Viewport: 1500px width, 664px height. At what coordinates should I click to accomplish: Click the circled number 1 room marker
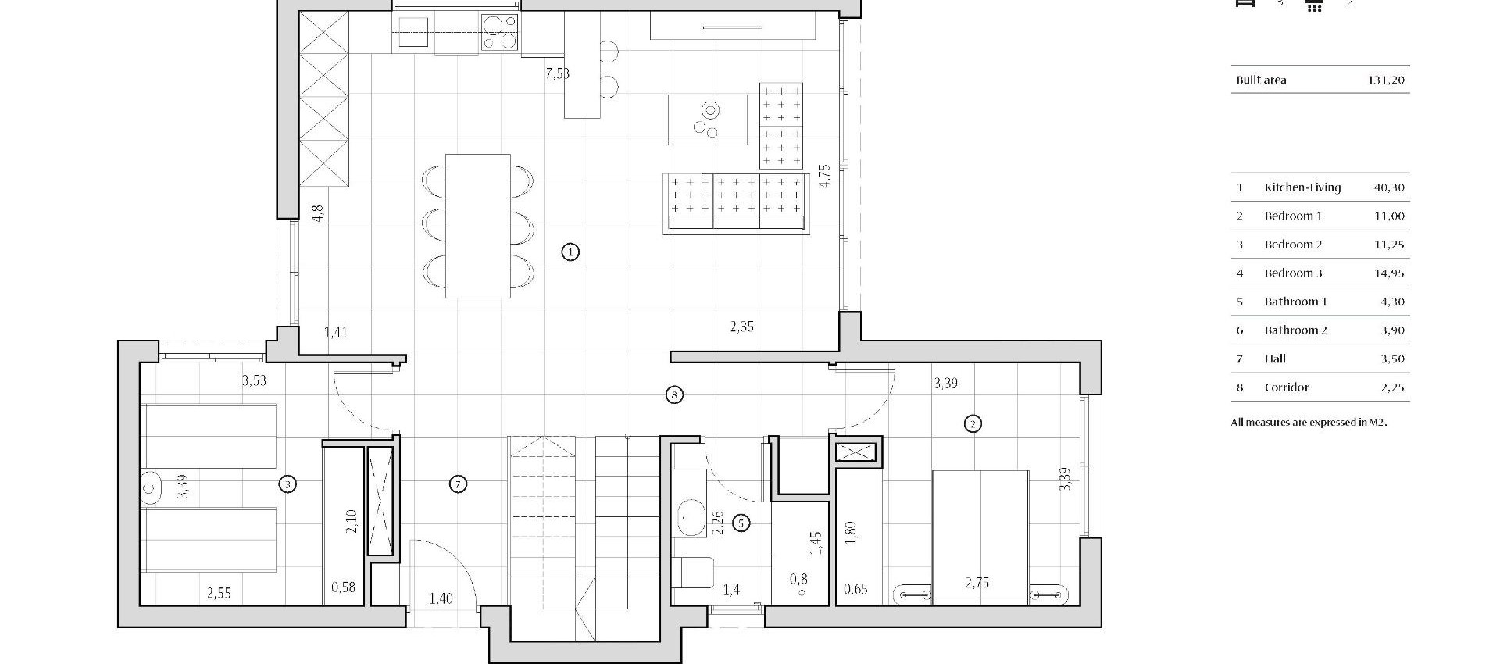coord(570,252)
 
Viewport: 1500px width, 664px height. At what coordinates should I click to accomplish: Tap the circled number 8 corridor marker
coord(674,394)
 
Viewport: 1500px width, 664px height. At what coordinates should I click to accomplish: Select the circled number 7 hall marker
coord(459,484)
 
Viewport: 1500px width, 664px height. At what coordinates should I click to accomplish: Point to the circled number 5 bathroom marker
coord(741,523)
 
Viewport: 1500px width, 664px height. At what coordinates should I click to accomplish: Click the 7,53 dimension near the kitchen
coord(557,74)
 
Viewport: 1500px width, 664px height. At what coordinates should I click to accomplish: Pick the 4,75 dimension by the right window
coord(824,175)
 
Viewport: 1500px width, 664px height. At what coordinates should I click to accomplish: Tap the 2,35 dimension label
coord(741,327)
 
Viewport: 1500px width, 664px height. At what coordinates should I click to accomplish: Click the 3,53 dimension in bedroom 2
coord(254,381)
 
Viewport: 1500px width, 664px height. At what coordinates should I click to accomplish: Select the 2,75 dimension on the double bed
coord(977,583)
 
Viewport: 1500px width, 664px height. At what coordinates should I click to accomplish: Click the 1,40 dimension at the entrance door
coord(441,599)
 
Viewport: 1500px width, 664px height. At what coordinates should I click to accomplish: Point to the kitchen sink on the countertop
coord(413,33)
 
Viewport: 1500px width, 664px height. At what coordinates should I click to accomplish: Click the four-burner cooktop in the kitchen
coord(500,32)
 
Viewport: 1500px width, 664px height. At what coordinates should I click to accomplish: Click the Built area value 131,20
coord(1385,80)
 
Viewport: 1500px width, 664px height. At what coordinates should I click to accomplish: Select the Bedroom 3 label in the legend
coord(1293,273)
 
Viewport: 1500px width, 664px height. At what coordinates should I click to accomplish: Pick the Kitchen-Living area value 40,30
coord(1388,187)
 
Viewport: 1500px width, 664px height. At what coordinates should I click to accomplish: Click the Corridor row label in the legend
coord(1286,387)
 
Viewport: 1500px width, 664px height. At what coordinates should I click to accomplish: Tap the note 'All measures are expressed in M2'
coord(1308,423)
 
